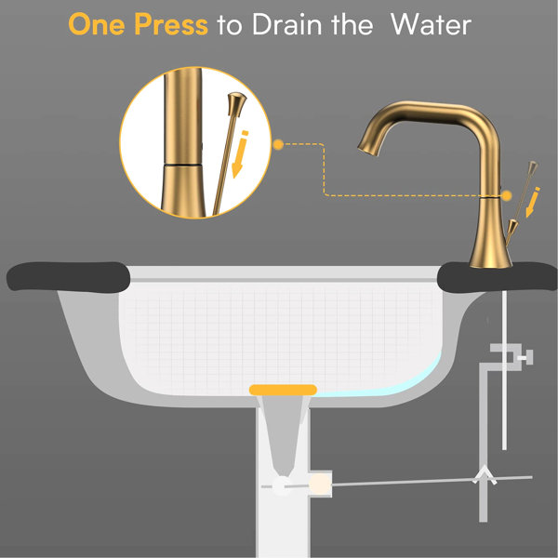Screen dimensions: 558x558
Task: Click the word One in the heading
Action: pos(97,24)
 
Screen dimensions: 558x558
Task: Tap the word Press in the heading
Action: pos(171,24)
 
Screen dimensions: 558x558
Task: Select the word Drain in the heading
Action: pos(287,24)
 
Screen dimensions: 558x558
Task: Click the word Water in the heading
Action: pos(431,24)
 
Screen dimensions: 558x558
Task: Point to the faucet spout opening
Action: pos(367,149)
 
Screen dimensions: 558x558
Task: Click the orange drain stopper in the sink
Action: pos(283,390)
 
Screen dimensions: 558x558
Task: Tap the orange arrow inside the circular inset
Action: pos(240,153)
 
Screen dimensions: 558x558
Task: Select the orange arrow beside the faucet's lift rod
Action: pos(533,202)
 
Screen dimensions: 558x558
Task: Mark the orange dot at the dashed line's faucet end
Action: pos(507,195)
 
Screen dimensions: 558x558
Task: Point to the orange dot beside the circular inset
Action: pos(278,144)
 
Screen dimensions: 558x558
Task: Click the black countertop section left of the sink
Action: pos(68,277)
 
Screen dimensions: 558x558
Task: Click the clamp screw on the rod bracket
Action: pos(525,357)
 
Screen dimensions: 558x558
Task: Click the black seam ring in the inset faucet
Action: pos(182,166)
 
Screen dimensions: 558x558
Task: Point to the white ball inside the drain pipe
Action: pos(283,485)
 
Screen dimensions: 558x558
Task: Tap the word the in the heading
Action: pos(352,24)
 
